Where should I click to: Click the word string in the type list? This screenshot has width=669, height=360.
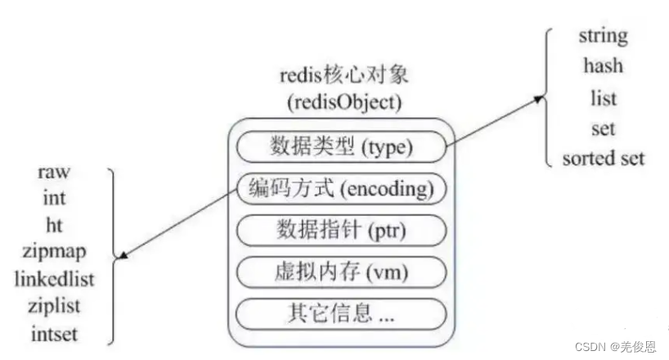[x=603, y=36]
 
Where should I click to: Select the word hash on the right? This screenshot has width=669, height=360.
[x=603, y=65]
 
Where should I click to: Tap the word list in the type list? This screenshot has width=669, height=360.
[x=603, y=97]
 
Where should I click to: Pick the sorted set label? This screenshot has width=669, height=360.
[x=603, y=158]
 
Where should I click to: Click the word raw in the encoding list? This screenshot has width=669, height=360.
[x=53, y=172]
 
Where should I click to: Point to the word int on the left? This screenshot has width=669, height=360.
[x=53, y=198]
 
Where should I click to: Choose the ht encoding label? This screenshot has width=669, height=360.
[x=53, y=224]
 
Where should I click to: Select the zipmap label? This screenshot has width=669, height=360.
[x=53, y=250]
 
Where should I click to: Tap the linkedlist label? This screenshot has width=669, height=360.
[x=53, y=278]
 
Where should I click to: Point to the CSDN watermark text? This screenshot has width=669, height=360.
[x=615, y=347]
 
